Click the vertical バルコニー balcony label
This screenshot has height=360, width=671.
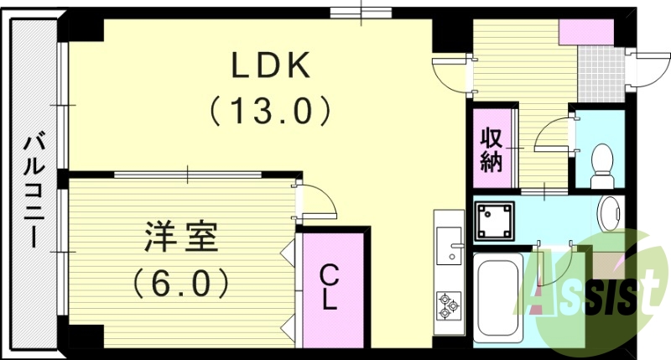33,190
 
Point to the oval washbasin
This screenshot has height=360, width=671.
611,212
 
